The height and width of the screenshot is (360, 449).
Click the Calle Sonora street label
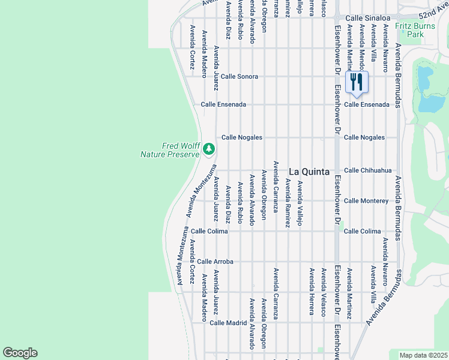(240, 77)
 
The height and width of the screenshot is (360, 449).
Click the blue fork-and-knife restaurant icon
(357, 82)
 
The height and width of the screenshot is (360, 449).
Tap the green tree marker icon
(208, 148)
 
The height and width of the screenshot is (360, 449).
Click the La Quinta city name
(309, 172)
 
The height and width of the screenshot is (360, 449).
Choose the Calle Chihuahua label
(368, 170)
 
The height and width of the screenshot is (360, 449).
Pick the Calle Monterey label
(366, 200)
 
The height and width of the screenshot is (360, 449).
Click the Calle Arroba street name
(215, 262)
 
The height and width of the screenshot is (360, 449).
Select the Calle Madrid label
(228, 323)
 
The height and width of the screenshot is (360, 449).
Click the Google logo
(20, 353)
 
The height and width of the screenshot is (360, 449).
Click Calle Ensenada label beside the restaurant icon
(366, 104)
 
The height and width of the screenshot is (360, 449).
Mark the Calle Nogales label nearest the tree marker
(242, 137)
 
